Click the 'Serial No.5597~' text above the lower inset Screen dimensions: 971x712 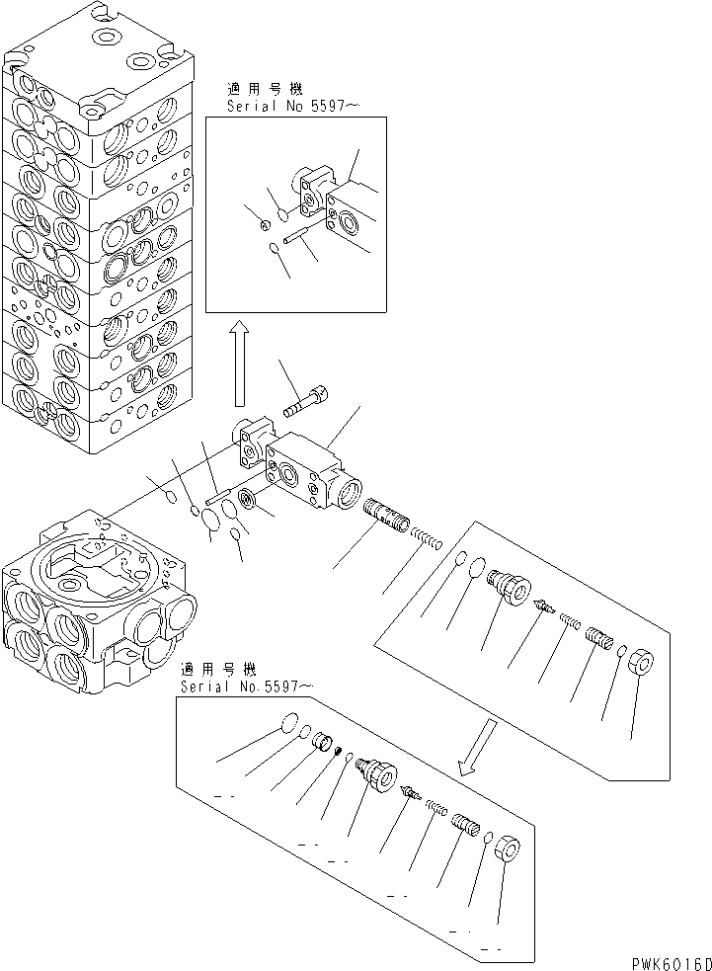pos(249,686)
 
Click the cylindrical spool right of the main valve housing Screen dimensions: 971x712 pos(385,515)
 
